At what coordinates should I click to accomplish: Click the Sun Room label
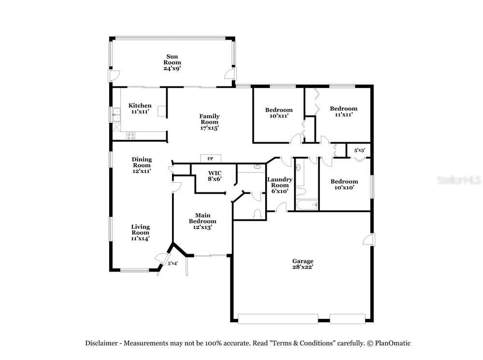pos(172,62)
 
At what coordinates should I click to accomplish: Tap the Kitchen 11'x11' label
pos(140,109)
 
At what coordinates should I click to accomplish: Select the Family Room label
pos(210,122)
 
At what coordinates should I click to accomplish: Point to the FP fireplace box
pos(211,158)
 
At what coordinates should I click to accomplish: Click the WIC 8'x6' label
pos(215,176)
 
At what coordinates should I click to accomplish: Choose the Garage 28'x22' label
pos(303,264)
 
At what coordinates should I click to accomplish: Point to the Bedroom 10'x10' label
pos(344,184)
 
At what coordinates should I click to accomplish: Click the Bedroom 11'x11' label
pos(344,111)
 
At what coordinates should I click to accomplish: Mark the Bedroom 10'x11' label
pos(279,113)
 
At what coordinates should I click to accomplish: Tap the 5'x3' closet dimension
pos(359,150)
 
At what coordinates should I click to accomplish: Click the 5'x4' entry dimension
pos(173,263)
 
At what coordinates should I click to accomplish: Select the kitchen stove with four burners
pos(131,136)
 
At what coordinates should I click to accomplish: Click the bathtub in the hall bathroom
pos(307,205)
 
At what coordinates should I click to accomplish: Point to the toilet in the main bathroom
pos(257,214)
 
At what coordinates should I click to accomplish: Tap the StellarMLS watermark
pos(459,180)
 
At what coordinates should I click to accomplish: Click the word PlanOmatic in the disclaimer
pos(392,343)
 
